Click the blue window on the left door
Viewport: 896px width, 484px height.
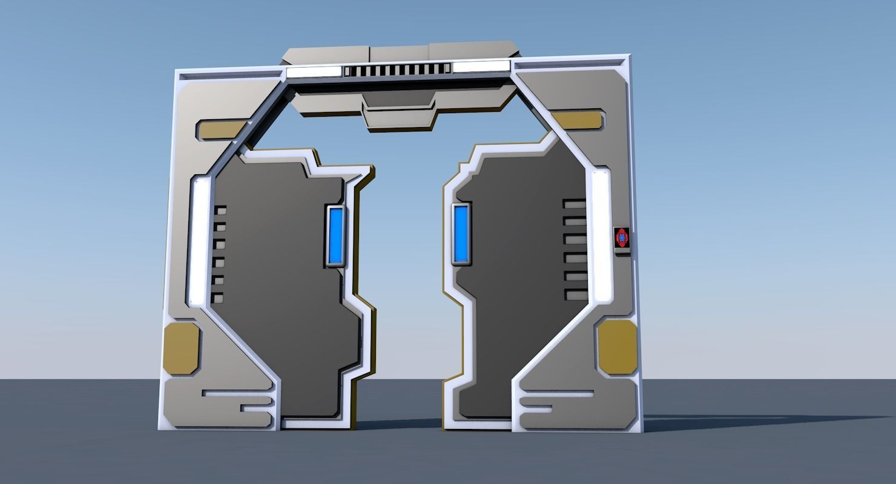[336, 237]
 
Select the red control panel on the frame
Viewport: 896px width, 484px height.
[622, 239]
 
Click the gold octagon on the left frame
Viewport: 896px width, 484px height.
[181, 347]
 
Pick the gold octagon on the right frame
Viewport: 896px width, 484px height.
[618, 346]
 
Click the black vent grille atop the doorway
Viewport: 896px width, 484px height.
[397, 71]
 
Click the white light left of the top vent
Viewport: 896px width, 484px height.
[314, 72]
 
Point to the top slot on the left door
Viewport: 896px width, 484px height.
[219, 211]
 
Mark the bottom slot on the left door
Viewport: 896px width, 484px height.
[217, 298]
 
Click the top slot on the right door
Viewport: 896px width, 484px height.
[575, 204]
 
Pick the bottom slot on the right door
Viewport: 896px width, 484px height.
[576, 295]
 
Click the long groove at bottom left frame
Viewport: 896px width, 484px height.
[237, 394]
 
